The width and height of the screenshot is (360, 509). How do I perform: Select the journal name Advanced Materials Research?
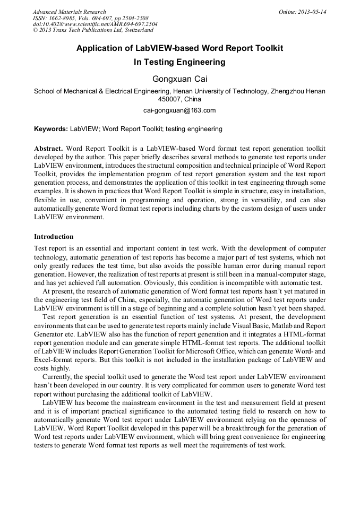click(x=69, y=12)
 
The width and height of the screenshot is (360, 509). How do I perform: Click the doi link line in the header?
click(x=95, y=24)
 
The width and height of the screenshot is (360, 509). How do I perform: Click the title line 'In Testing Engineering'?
click(x=179, y=62)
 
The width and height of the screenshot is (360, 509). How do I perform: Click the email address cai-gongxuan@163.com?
click(x=179, y=110)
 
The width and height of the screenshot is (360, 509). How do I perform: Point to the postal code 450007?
click(x=169, y=99)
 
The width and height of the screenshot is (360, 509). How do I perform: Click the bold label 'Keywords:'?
click(x=51, y=129)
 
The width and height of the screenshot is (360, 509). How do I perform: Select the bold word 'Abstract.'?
click(x=49, y=148)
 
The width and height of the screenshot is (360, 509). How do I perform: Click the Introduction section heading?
click(x=54, y=236)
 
